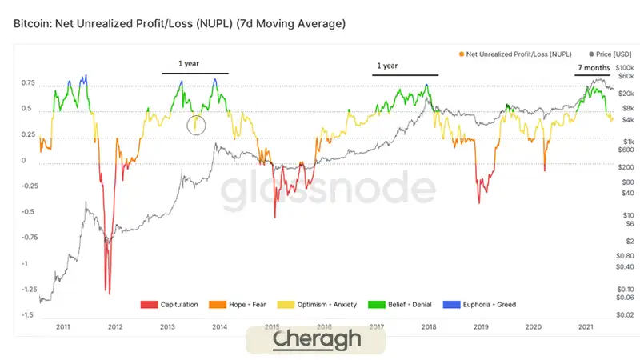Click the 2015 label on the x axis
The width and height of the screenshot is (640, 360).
[272, 326]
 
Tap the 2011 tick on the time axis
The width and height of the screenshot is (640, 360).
[62, 326]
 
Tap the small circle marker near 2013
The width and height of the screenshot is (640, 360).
[197, 124]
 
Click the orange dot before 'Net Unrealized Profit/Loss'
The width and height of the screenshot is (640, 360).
[462, 53]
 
